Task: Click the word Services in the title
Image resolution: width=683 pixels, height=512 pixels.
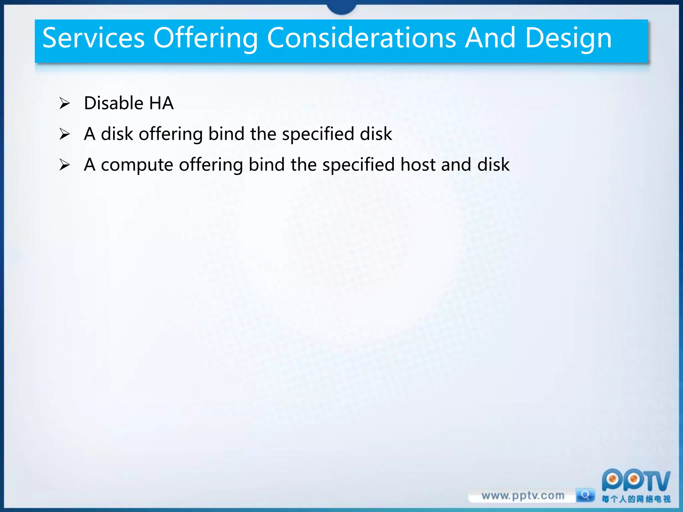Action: click(94, 38)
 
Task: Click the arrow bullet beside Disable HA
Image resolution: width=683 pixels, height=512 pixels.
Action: click(64, 103)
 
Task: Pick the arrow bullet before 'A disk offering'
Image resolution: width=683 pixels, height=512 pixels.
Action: click(64, 134)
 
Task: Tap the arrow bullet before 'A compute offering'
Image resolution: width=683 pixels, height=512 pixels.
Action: click(64, 165)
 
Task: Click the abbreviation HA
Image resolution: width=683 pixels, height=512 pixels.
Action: click(161, 103)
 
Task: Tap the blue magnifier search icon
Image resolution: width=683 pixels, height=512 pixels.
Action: click(585, 495)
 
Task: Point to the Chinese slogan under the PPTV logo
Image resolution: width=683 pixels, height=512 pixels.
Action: click(636, 499)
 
